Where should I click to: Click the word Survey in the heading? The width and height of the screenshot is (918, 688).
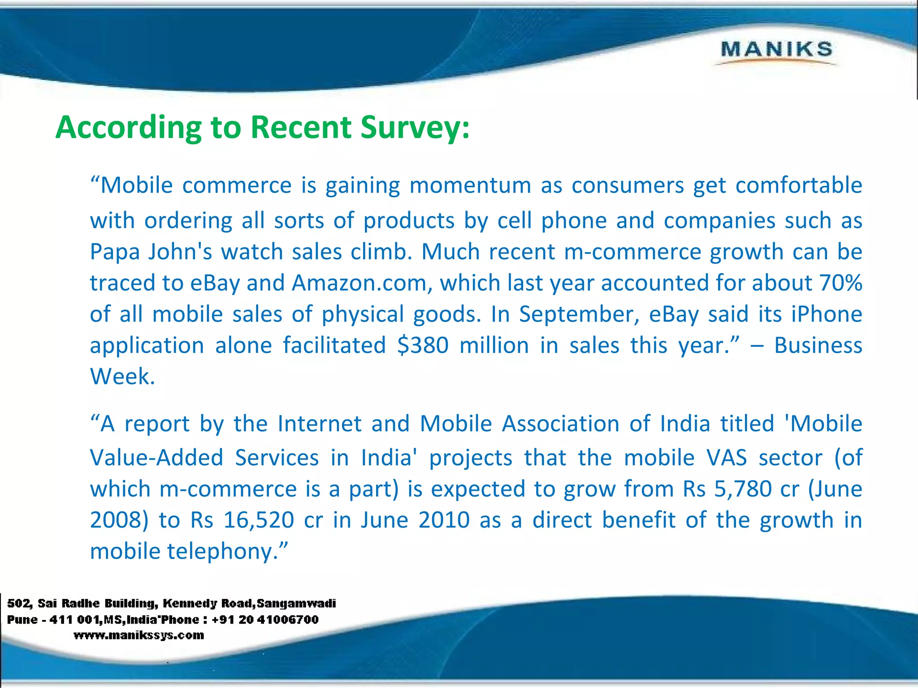[415, 128]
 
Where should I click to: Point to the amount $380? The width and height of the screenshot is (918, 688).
[423, 345]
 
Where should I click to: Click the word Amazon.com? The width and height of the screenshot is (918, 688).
[362, 283]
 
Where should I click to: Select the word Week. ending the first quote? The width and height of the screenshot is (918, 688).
[122, 376]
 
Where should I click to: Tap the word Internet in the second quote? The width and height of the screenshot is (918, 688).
[319, 424]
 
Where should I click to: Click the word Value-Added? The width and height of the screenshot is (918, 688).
[156, 458]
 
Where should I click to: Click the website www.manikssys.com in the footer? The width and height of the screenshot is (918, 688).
[139, 635]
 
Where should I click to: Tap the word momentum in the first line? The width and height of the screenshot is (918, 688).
[470, 185]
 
